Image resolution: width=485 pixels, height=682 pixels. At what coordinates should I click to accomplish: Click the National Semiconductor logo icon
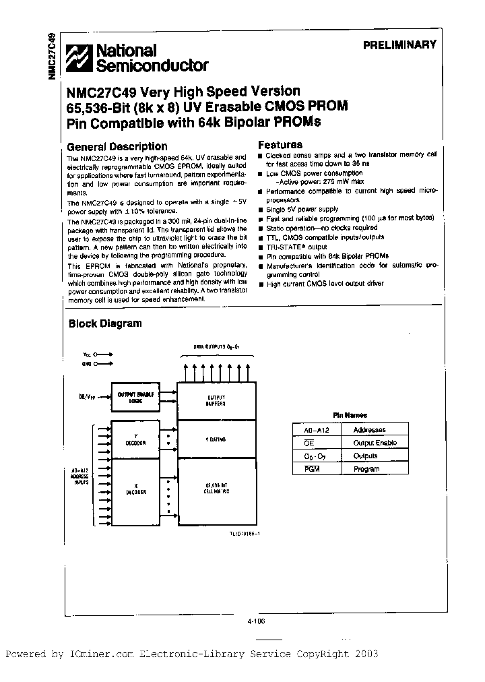point(78,58)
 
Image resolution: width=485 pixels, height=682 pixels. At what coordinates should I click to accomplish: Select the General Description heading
point(117,146)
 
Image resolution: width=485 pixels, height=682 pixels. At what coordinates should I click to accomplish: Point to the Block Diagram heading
point(105,323)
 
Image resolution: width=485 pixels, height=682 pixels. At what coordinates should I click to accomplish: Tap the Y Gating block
point(216,440)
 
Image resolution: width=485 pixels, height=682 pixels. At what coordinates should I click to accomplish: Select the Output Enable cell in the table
point(375,443)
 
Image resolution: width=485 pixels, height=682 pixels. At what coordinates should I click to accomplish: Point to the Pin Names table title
point(351,416)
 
